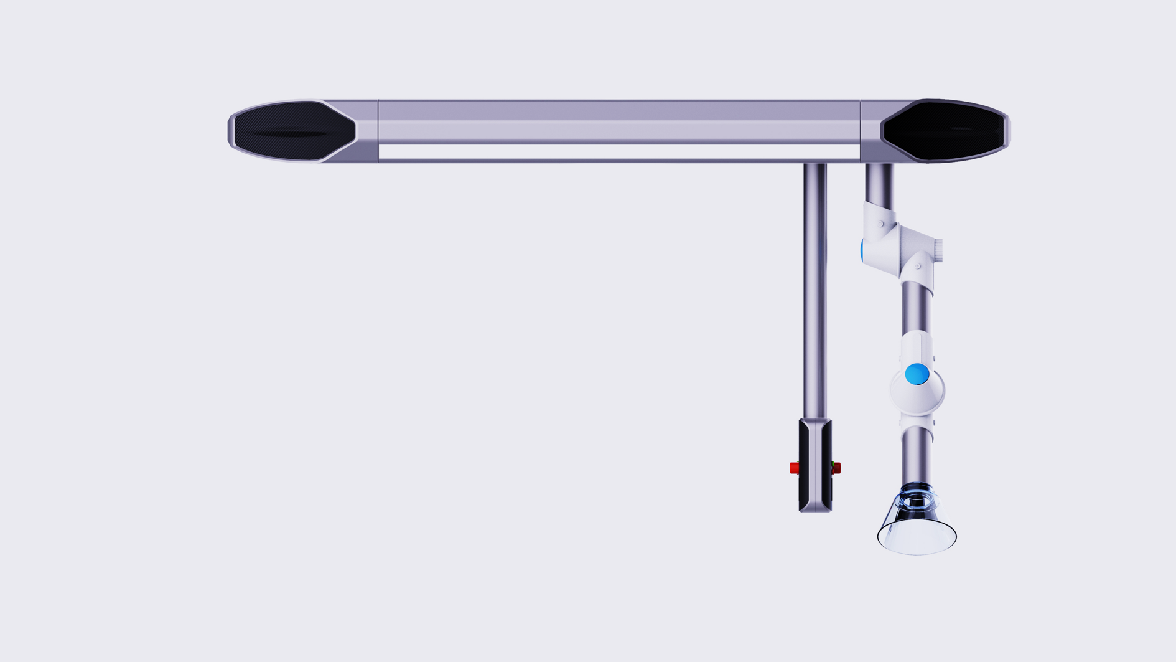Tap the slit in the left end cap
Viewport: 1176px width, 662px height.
289,133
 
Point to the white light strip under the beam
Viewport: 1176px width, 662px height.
619,151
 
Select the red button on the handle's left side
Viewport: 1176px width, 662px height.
794,468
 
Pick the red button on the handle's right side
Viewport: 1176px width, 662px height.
836,468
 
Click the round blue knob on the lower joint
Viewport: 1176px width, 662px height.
917,374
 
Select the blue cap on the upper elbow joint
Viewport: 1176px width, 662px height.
862,250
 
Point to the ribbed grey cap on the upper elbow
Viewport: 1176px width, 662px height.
938,250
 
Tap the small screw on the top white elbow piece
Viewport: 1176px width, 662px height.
880,224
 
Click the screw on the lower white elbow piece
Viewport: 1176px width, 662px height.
918,266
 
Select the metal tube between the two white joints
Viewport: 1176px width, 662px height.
916,308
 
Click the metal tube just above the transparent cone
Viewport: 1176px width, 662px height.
917,455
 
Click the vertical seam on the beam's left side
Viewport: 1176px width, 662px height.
378,131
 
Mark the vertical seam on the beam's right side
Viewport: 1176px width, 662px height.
861,131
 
